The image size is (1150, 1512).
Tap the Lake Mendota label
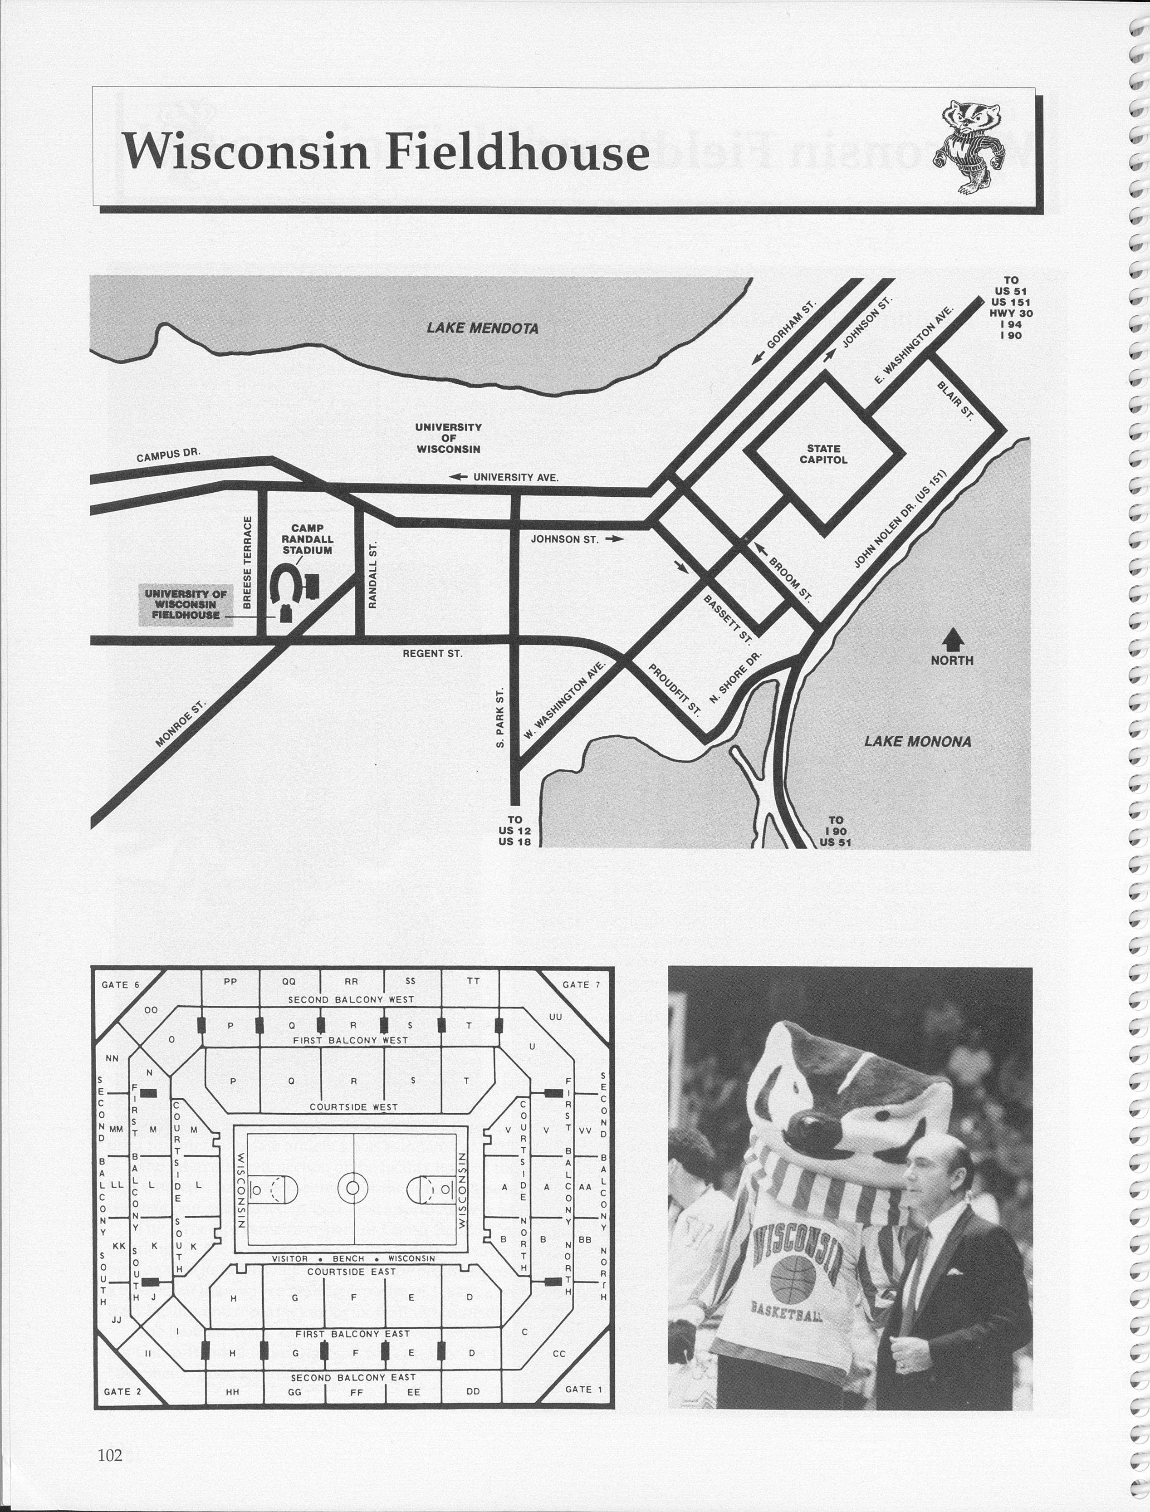click(x=483, y=328)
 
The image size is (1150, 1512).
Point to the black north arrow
click(x=953, y=641)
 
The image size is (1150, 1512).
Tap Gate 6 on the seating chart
click(x=121, y=985)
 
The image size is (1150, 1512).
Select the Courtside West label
click(x=353, y=1107)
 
